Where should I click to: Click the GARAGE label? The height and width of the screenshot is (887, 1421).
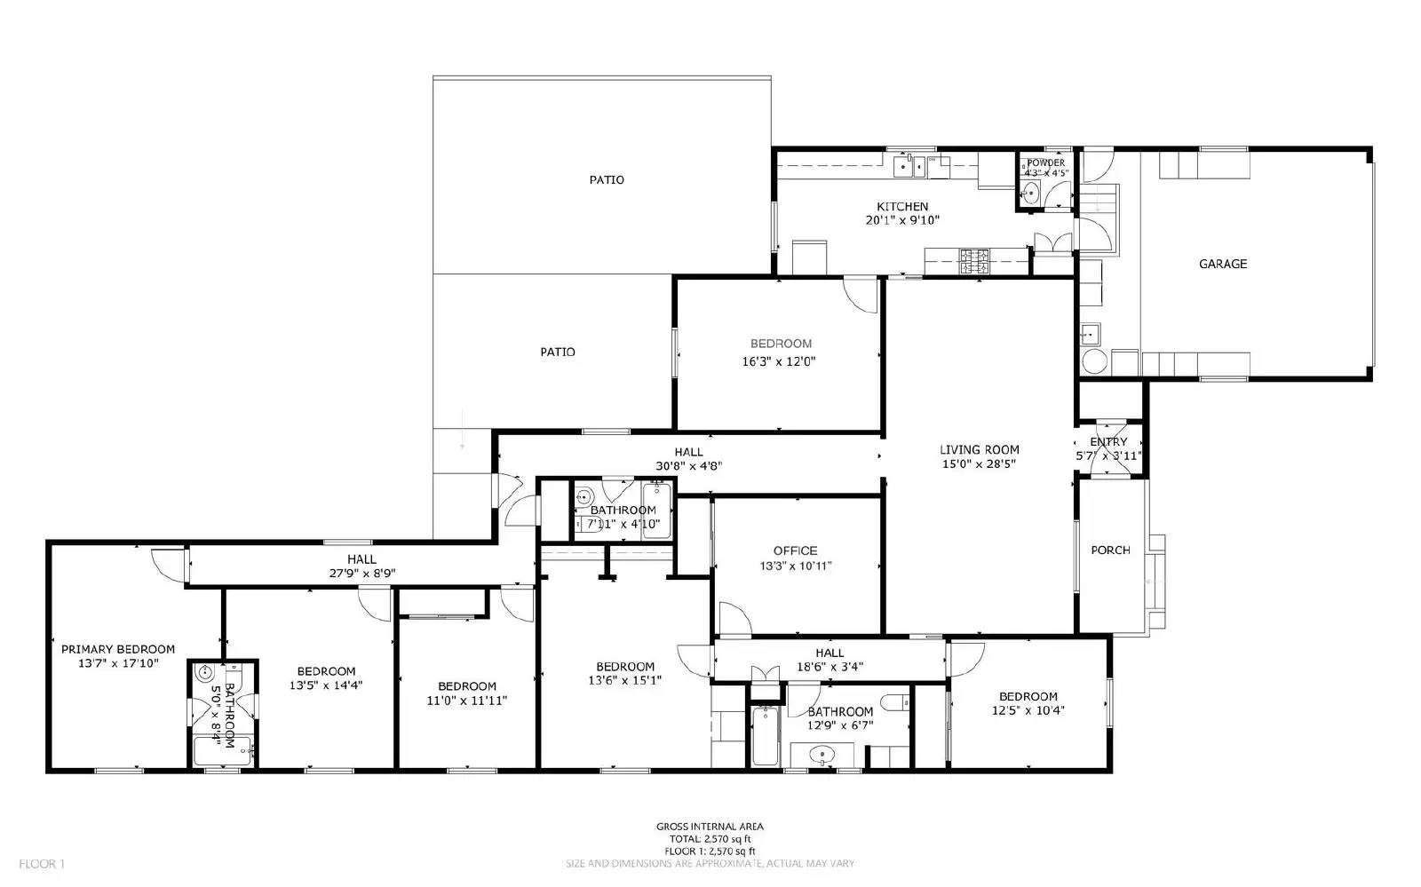coord(1222,264)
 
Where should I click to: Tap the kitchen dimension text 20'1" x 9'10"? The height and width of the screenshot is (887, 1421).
coord(902,220)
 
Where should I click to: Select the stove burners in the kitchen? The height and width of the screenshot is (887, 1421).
coord(974,260)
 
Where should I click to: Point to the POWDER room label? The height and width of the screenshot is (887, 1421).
coord(1045,162)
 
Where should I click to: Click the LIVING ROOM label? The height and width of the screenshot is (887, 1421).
coord(980,449)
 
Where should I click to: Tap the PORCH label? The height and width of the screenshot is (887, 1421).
coord(1110,550)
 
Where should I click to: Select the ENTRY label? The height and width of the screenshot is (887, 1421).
coord(1107,441)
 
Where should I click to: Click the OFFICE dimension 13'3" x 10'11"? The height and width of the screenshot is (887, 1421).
coord(795,566)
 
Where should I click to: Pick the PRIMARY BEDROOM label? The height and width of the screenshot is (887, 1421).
coord(118,649)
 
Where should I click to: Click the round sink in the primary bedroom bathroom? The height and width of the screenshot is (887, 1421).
coord(205,672)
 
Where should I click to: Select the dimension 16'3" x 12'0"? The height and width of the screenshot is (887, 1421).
coord(779,361)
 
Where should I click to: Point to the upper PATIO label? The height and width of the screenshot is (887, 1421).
coord(607,179)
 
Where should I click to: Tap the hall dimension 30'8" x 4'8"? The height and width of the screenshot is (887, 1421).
coord(688,465)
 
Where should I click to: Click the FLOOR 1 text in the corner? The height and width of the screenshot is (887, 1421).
coord(43,863)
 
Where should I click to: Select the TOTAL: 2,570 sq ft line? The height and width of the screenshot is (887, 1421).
coord(710,838)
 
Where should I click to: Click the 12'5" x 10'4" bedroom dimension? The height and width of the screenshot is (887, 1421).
coord(1028,710)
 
